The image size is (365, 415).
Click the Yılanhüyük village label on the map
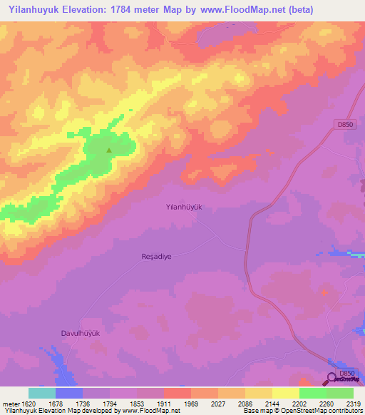point(180,207)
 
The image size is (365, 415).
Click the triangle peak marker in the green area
point(108,150)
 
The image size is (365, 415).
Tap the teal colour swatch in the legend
point(42,393)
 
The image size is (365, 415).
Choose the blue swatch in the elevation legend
point(69,393)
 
